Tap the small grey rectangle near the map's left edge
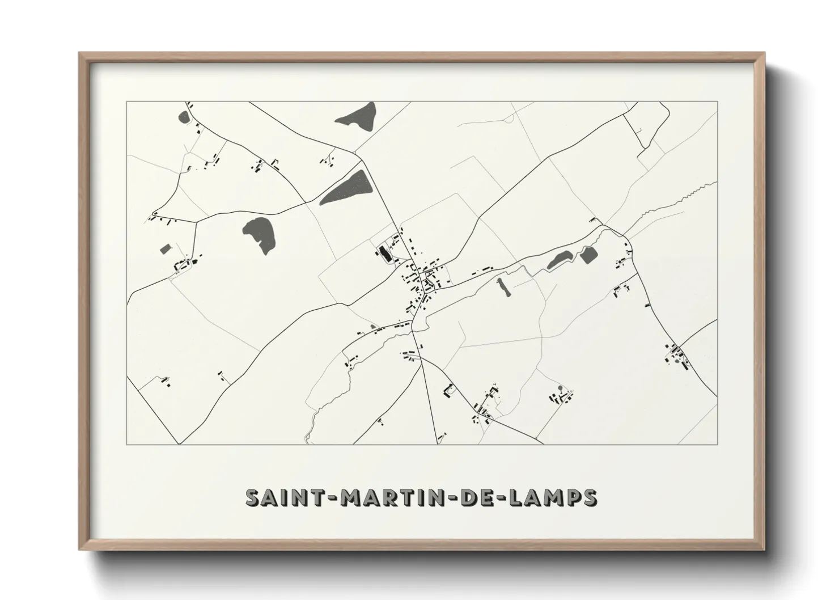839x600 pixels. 166,249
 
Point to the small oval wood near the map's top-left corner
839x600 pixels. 184,117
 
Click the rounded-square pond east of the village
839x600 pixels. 587,256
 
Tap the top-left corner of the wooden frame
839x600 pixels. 80,54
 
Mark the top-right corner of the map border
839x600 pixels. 717,102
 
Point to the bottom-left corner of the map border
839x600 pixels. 127,444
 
